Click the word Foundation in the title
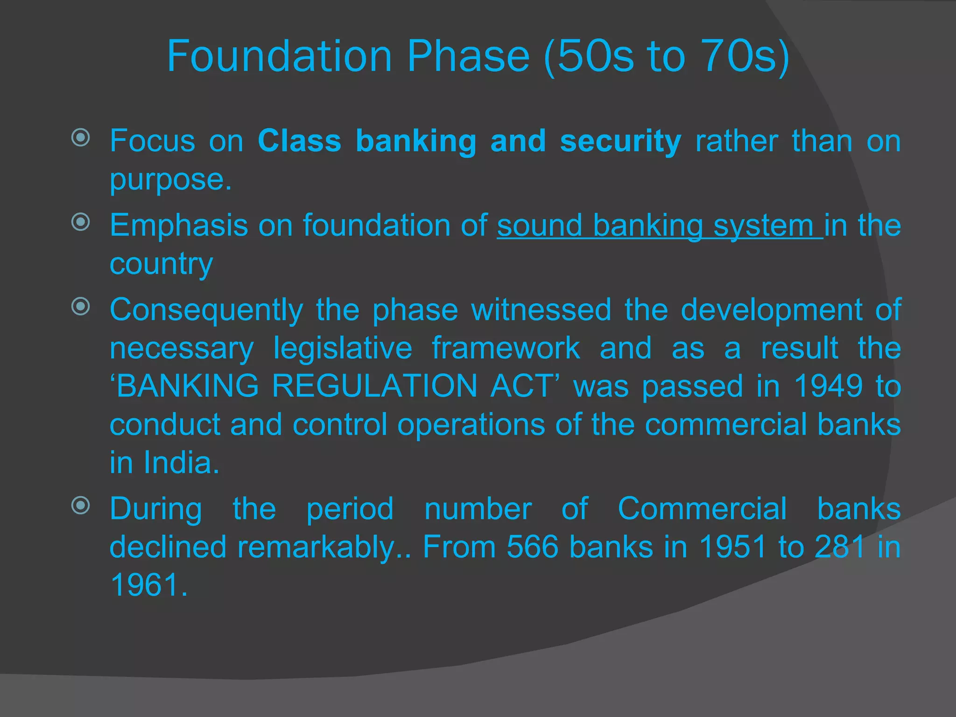point(279,56)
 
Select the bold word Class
point(299,141)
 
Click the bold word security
point(620,141)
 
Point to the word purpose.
point(170,180)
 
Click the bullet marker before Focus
point(81,137)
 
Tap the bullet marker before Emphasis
point(81,222)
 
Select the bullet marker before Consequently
point(81,307)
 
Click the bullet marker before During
point(81,505)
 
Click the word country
point(161,264)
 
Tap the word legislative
point(343,348)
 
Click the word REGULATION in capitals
point(374,386)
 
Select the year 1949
point(828,386)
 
